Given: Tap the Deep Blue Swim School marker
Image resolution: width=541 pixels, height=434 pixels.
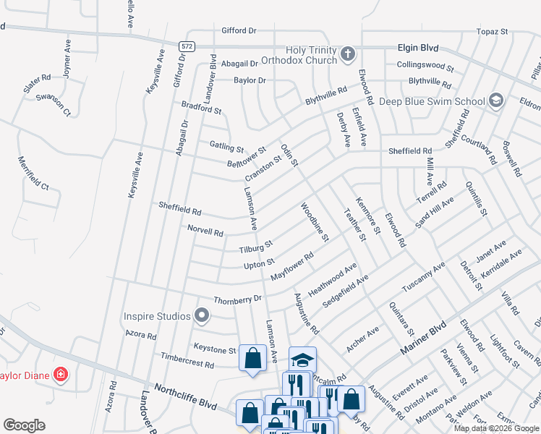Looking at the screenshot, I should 496,100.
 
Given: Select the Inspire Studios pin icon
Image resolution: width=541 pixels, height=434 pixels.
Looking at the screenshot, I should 202,315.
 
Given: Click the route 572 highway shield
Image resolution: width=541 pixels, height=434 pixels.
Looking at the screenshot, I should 187,46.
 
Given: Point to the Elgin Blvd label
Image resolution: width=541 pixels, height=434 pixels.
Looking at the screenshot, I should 418,47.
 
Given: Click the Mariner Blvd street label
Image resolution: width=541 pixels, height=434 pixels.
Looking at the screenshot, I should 422,339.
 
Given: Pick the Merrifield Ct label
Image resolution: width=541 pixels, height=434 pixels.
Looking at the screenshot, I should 33,174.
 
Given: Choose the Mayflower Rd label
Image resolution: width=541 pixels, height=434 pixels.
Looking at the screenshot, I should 291,267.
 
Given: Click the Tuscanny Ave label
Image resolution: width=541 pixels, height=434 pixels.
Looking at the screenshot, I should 424,277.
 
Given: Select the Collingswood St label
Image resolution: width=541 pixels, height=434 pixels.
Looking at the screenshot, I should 425,66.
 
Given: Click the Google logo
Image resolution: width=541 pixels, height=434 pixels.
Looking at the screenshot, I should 25,425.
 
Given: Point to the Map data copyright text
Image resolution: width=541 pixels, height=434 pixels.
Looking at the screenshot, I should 496,428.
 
